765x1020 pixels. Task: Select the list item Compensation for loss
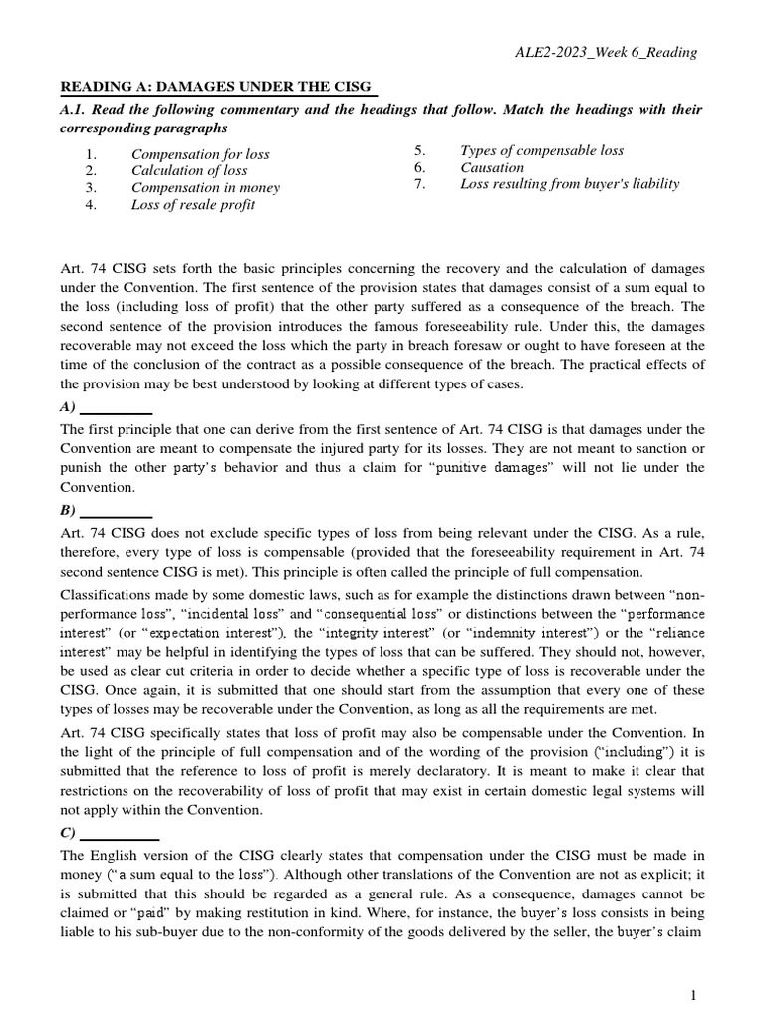pos(200,154)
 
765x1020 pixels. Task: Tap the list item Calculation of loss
pos(189,170)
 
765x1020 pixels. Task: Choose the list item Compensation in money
pos(205,187)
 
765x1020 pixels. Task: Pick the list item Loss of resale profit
pos(193,204)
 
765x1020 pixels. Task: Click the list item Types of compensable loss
pos(542,150)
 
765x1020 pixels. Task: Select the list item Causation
pos(492,167)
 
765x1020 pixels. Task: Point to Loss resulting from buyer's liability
pos(570,183)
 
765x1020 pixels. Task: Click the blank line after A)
pos(116,409)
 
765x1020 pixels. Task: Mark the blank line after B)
pos(116,512)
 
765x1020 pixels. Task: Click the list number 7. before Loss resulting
pos(420,183)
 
